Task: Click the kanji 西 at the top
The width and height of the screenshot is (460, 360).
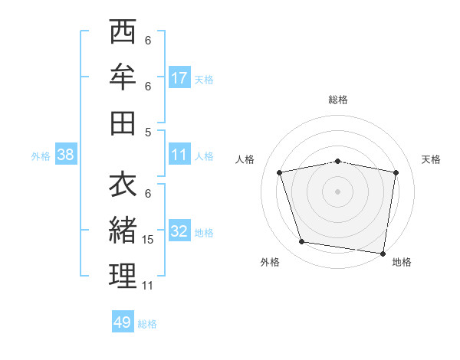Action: [x=123, y=34]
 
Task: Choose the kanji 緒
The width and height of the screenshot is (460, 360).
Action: [x=123, y=230]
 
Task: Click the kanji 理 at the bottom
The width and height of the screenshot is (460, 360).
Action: [x=123, y=275]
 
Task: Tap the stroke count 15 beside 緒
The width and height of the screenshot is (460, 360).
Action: [x=149, y=240]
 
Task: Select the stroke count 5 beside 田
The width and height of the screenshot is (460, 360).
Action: [x=148, y=131]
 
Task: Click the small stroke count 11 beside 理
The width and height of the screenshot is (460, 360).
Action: [x=148, y=285]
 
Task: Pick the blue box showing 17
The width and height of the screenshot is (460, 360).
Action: [x=179, y=77]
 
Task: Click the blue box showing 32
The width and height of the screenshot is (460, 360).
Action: [x=179, y=232]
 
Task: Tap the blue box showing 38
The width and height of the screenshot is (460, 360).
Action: [x=65, y=155]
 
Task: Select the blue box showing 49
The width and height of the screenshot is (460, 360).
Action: [x=122, y=322]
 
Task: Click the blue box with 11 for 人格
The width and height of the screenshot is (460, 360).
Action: [x=179, y=155]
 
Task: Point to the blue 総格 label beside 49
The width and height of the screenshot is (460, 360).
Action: [x=147, y=324]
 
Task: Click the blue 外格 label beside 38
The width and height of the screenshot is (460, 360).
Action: [x=41, y=156]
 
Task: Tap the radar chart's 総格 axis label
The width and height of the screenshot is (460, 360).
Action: [x=337, y=100]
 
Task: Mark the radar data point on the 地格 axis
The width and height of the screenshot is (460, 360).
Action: [x=383, y=253]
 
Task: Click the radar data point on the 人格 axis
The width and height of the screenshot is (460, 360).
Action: [x=280, y=172]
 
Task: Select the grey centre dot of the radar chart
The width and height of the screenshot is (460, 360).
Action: [x=337, y=191]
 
